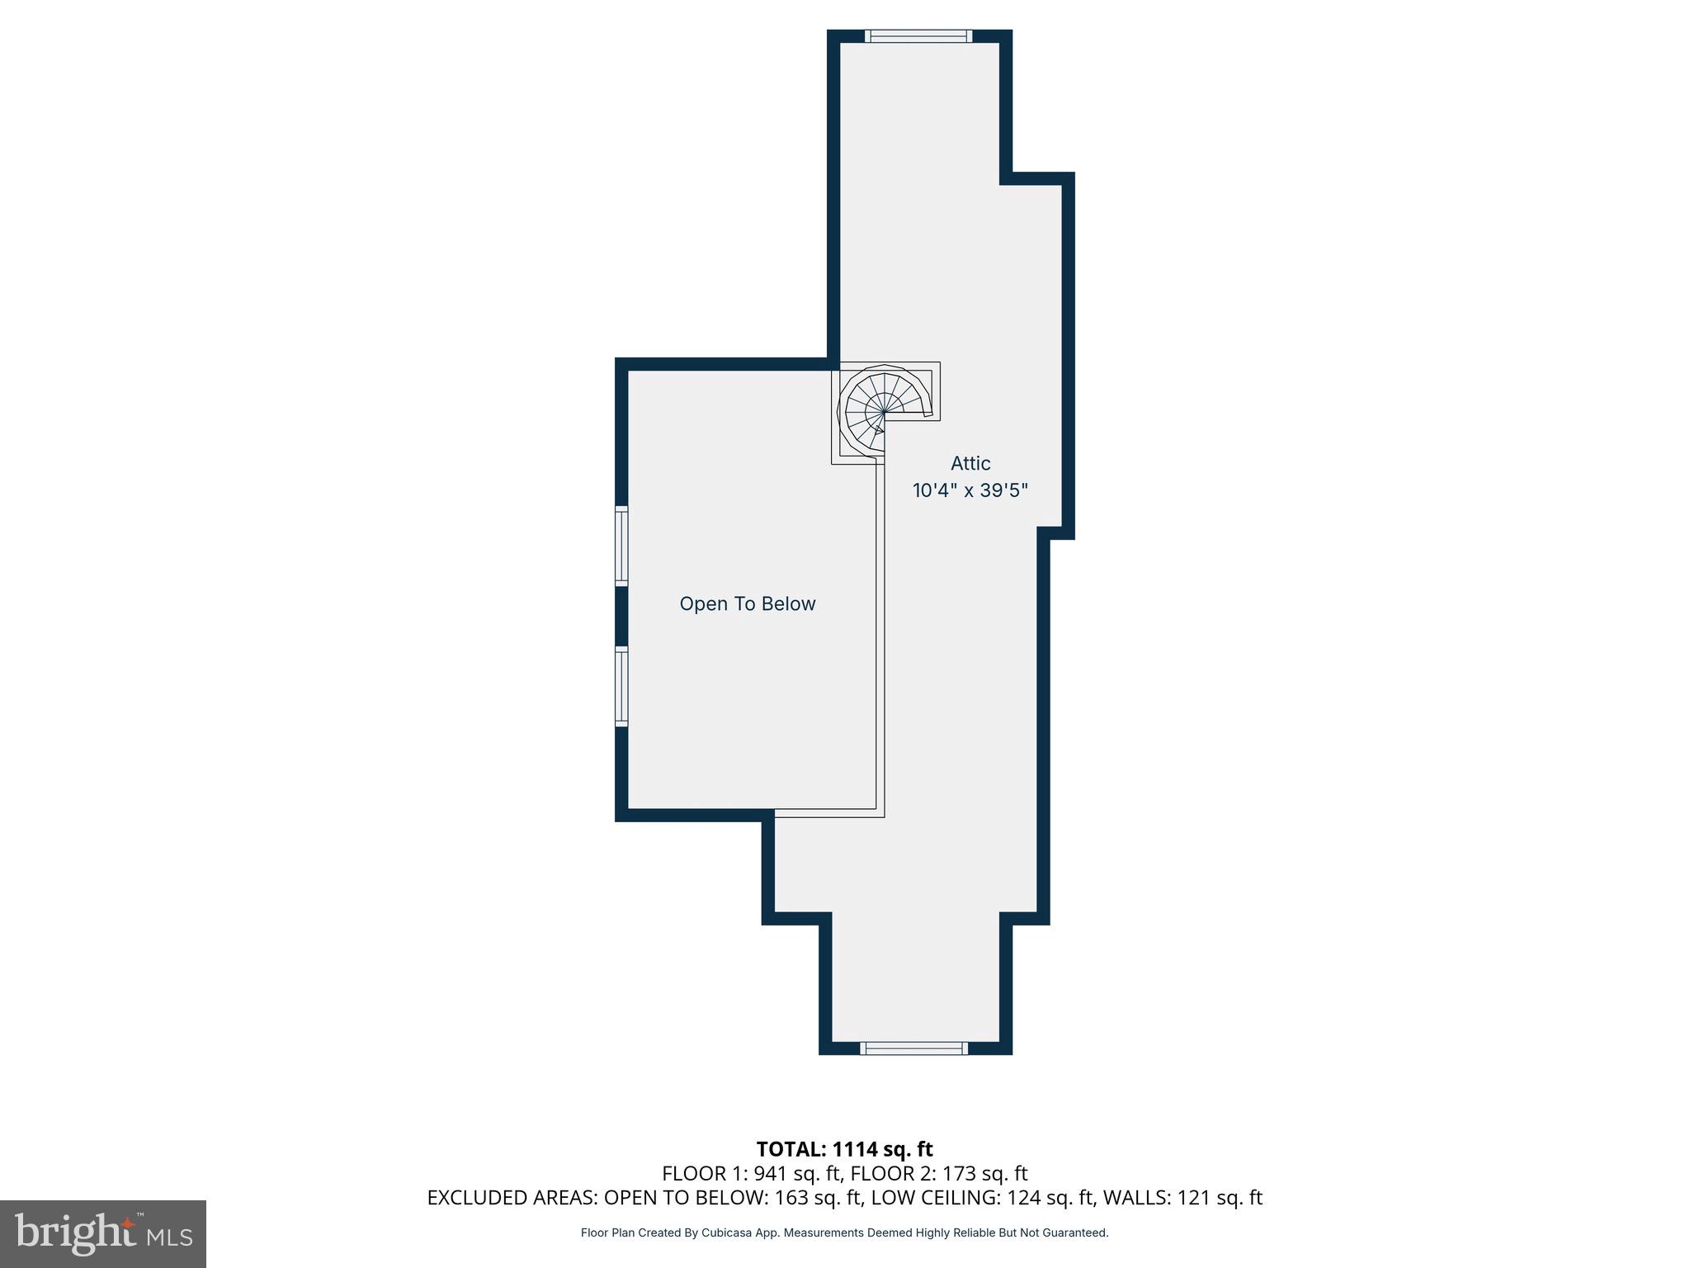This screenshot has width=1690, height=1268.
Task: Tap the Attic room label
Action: point(970,463)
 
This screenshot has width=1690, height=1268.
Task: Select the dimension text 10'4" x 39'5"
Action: point(970,490)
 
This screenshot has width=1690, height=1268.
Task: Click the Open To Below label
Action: point(747,603)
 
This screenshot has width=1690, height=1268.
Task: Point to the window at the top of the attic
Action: point(918,35)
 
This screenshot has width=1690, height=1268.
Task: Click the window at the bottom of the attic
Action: point(913,1048)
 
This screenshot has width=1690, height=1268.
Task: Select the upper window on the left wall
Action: point(621,546)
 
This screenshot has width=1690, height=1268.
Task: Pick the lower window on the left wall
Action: point(621,687)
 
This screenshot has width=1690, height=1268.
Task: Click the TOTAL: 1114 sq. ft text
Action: point(844,1149)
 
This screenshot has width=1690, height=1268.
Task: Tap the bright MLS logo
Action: point(102,1233)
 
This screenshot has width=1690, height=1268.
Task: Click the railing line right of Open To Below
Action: point(880,644)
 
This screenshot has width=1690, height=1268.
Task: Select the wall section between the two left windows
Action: point(621,616)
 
